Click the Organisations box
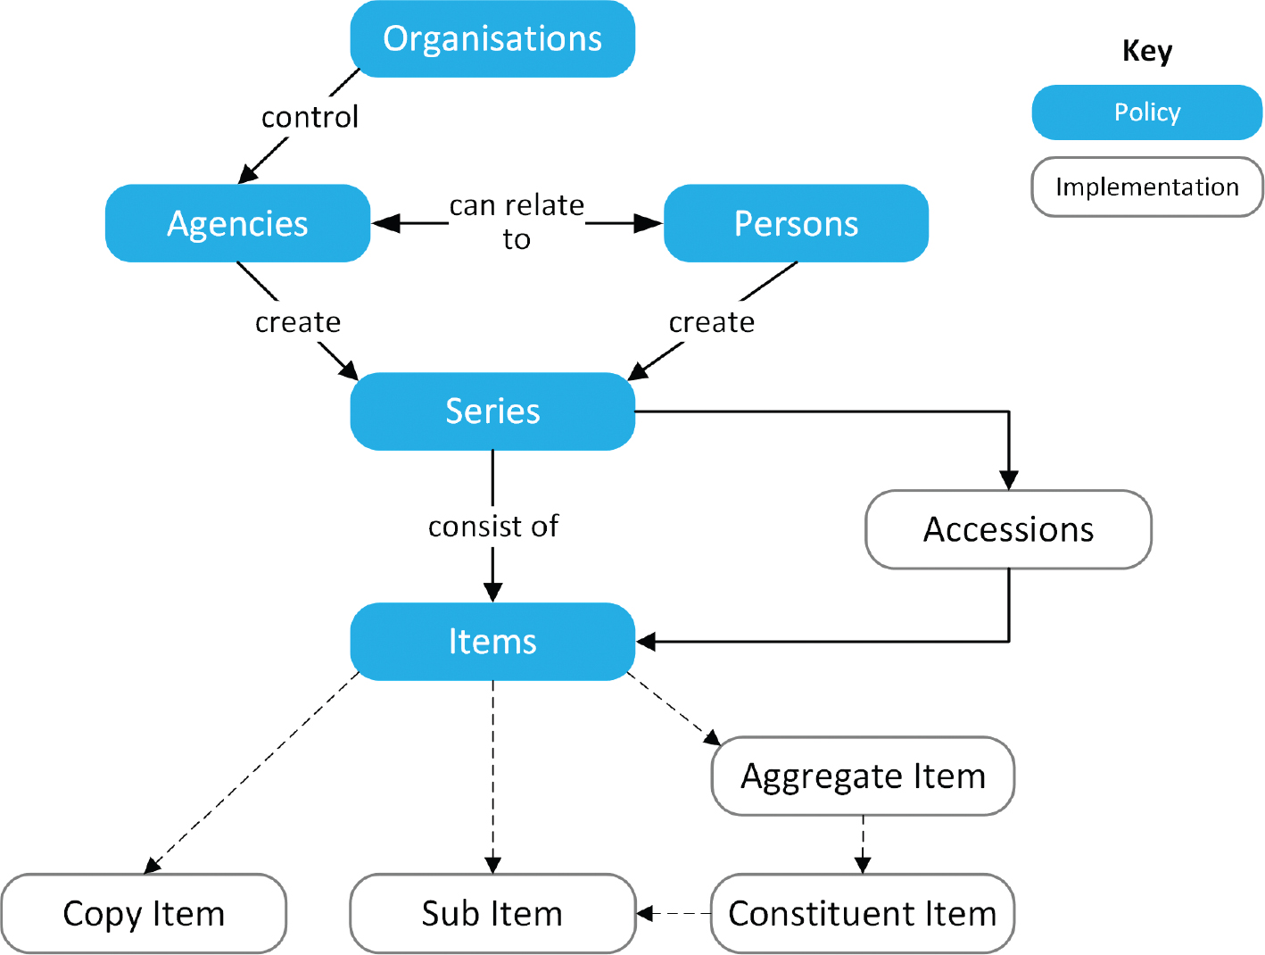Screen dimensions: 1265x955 (x=492, y=38)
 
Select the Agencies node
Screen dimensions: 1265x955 (x=237, y=223)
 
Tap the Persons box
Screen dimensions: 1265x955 (x=796, y=223)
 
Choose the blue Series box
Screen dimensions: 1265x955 (x=492, y=411)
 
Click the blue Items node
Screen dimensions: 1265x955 (x=492, y=642)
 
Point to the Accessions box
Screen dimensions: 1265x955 (x=1009, y=529)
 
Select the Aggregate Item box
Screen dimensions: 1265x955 (x=863, y=776)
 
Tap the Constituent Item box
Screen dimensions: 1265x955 (x=863, y=914)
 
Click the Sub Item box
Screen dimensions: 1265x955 (x=492, y=914)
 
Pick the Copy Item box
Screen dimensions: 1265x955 (x=144, y=914)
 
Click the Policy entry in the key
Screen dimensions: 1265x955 (x=1147, y=112)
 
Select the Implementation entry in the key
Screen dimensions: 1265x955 (x=1147, y=187)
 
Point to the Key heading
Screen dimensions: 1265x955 (x=1147, y=51)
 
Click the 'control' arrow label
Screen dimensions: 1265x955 (x=310, y=117)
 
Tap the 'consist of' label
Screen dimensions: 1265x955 (x=492, y=527)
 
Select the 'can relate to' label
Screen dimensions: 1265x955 (x=517, y=222)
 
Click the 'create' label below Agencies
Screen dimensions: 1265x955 (x=298, y=322)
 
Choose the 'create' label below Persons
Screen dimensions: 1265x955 (x=712, y=322)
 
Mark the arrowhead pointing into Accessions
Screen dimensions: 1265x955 (x=1009, y=480)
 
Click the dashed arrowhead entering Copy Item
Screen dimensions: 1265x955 (x=152, y=866)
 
